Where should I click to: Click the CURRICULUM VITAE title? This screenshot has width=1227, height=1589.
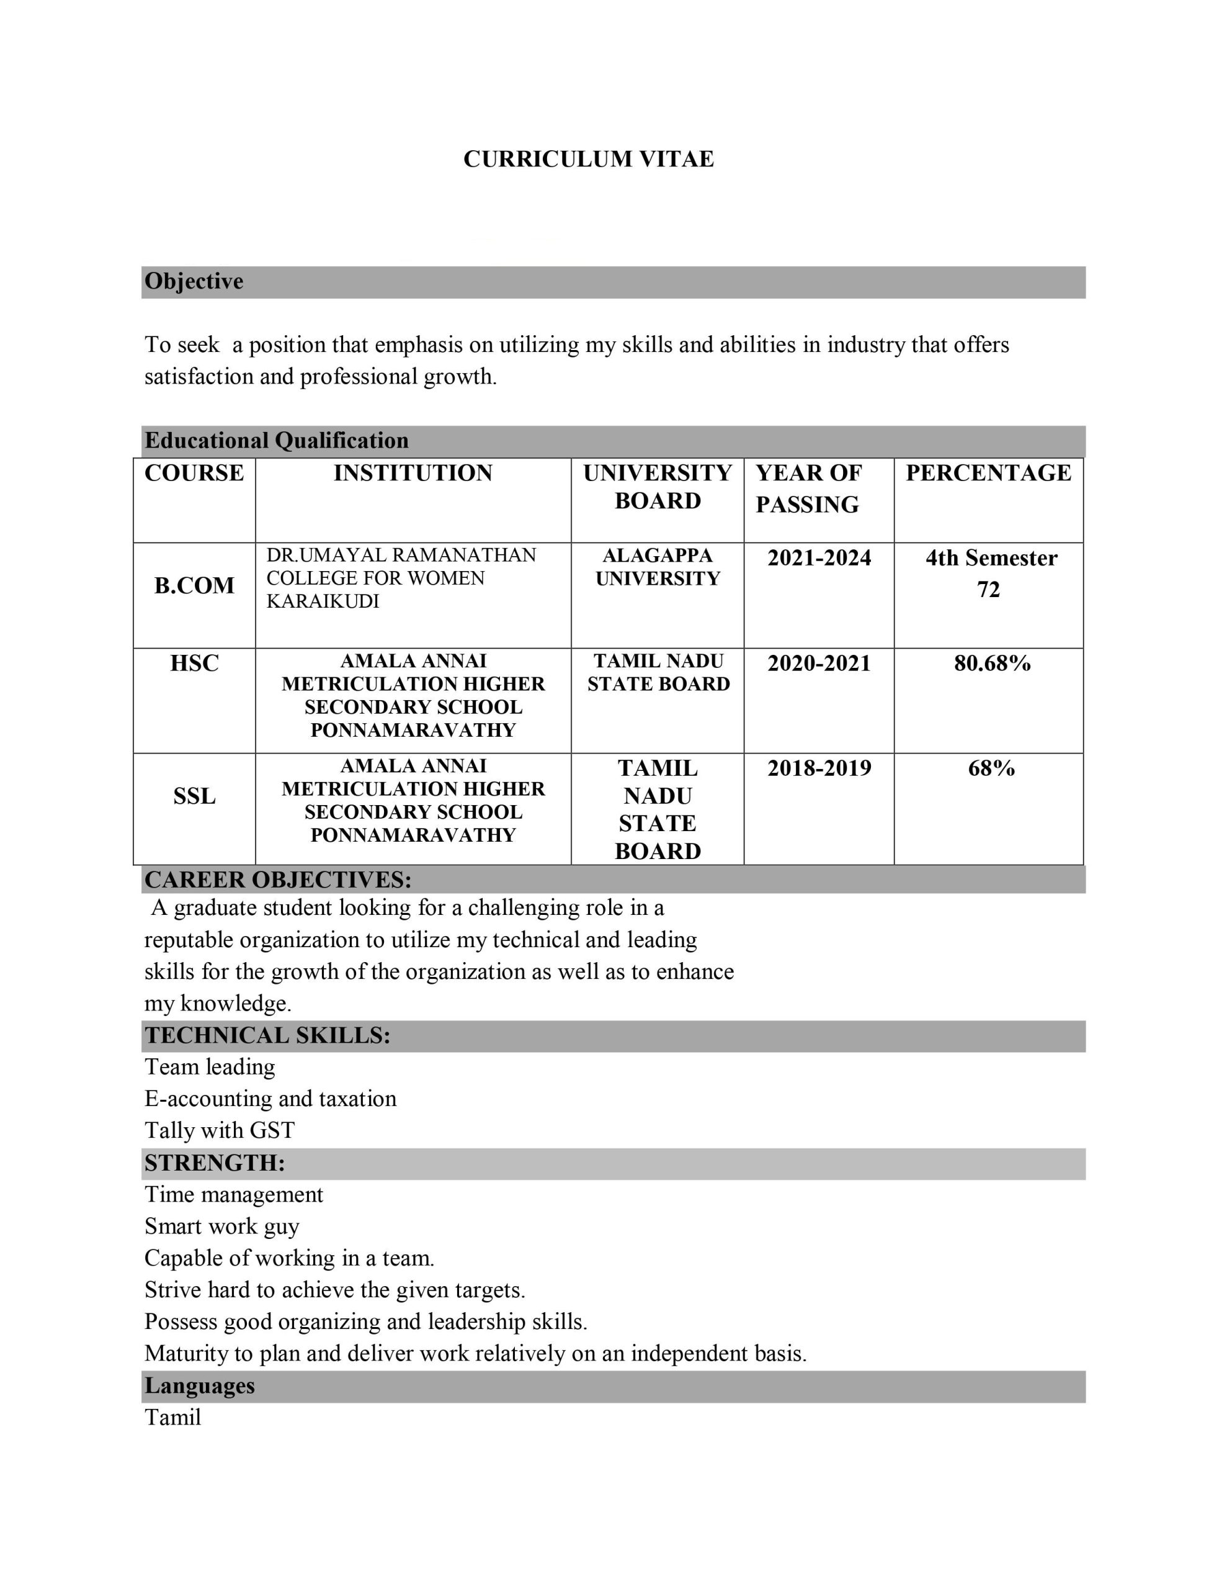coord(589,159)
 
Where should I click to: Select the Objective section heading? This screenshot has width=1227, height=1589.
coord(194,282)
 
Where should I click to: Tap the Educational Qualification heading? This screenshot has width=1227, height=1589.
coord(277,441)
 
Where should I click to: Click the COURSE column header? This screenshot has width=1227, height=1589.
coord(194,473)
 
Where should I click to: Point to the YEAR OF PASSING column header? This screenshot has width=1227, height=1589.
coord(808,488)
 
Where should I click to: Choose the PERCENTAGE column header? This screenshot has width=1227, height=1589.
coord(988,473)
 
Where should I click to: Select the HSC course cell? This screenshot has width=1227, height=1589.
coord(194,663)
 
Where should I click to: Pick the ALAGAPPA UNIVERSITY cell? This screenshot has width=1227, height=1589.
coord(658,567)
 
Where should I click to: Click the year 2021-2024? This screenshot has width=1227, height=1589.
coord(819,558)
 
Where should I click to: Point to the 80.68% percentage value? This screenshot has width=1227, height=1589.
coord(992,663)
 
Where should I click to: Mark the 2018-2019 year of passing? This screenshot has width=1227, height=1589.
coord(819,768)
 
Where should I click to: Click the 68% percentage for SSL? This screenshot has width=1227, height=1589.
coord(991,768)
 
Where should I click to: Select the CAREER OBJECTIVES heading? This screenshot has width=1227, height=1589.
coord(278,880)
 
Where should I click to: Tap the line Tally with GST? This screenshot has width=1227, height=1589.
coord(220,1130)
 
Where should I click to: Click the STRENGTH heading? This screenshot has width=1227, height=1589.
coord(215,1163)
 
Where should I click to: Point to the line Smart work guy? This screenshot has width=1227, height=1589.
coord(222,1226)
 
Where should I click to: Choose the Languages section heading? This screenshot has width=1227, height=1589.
coord(199,1385)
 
